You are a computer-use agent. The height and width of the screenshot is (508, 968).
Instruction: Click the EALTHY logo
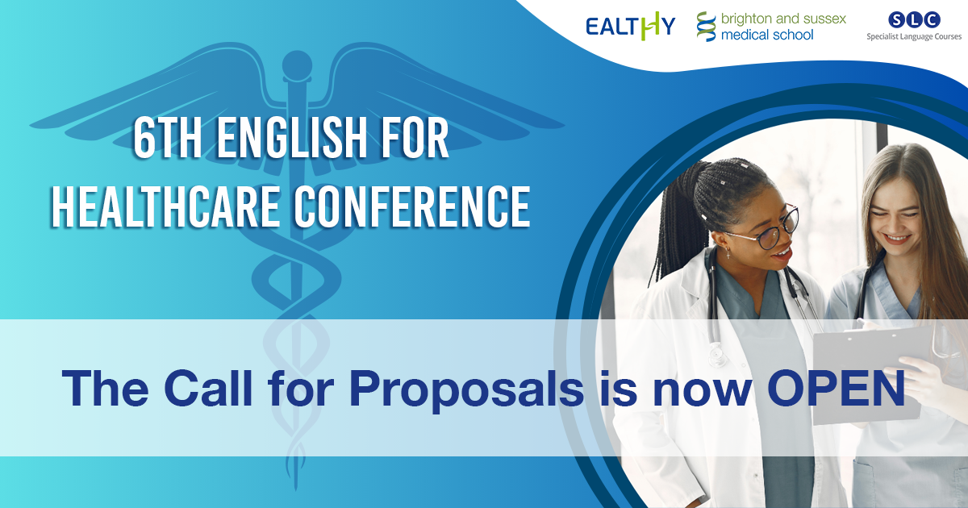point(631,27)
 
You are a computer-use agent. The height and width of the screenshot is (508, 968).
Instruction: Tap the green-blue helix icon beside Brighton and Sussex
point(706,27)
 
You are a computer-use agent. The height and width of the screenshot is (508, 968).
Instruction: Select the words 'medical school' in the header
point(767,35)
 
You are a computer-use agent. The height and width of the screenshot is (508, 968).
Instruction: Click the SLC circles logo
point(914,20)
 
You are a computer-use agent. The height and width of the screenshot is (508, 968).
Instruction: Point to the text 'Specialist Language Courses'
point(914,37)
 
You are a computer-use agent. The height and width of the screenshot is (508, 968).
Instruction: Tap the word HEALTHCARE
point(165,206)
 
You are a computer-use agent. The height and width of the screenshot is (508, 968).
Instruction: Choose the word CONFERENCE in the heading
point(413,206)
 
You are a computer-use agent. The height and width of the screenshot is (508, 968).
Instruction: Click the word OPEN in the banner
point(836,388)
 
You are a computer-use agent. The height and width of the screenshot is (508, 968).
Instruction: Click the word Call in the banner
point(208,388)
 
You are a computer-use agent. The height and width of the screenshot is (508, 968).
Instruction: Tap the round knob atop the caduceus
point(297,65)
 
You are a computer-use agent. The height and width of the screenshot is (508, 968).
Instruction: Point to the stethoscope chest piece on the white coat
point(716,357)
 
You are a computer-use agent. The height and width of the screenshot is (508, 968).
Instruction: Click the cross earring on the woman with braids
point(728,254)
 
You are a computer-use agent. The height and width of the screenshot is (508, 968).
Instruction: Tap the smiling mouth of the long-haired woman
point(897,239)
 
